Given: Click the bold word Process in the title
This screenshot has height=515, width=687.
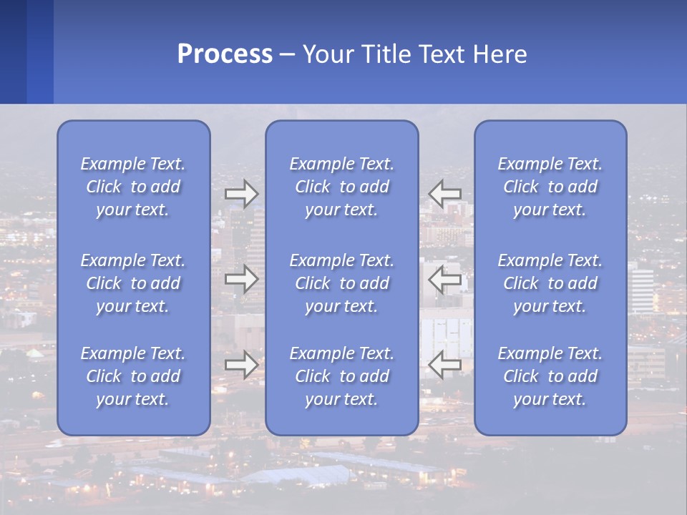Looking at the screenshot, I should (x=225, y=54).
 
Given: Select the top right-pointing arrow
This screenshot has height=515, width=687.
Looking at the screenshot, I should (x=242, y=194).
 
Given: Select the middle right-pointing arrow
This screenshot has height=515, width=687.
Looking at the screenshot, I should (x=242, y=279).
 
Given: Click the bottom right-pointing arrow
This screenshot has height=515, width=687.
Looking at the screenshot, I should (x=242, y=365).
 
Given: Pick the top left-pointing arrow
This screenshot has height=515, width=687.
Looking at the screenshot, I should (x=444, y=194).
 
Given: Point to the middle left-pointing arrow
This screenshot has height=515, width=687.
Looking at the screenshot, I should (x=444, y=279).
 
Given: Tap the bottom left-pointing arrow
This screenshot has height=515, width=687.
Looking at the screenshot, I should (x=444, y=365).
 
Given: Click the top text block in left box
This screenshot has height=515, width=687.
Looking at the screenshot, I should (x=133, y=187).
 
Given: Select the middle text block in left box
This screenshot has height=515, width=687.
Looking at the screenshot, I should (x=133, y=283).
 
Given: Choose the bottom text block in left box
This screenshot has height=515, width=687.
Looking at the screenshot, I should (x=133, y=376).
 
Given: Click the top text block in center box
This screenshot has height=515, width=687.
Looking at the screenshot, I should (x=341, y=187).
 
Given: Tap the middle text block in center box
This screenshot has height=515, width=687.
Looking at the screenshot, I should (x=341, y=283).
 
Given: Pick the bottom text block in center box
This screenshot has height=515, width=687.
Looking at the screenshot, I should (x=341, y=376).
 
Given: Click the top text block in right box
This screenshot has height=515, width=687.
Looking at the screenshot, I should (x=550, y=187).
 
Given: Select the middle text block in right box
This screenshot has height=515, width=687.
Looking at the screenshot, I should (x=550, y=283).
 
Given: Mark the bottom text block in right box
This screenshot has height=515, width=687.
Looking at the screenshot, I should (x=550, y=376).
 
